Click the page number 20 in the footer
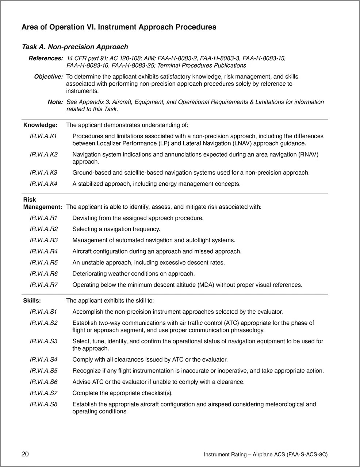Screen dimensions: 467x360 [25, 454]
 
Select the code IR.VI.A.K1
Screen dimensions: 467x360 [43, 136]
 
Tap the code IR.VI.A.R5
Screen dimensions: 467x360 [43, 262]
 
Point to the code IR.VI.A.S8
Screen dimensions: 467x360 [43, 404]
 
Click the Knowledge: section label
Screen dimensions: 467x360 [40, 125]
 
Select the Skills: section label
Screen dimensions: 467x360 [32, 301]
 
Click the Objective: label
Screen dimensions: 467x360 [48, 77]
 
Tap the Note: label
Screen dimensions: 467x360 [55, 102]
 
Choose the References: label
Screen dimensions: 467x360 [46, 58]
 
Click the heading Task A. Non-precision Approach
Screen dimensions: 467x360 [75, 47]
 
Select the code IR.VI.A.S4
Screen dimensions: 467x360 [43, 360]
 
